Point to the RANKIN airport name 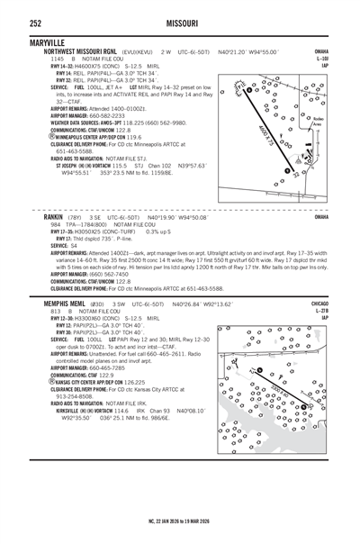pyautogui.click(x=57, y=218)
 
